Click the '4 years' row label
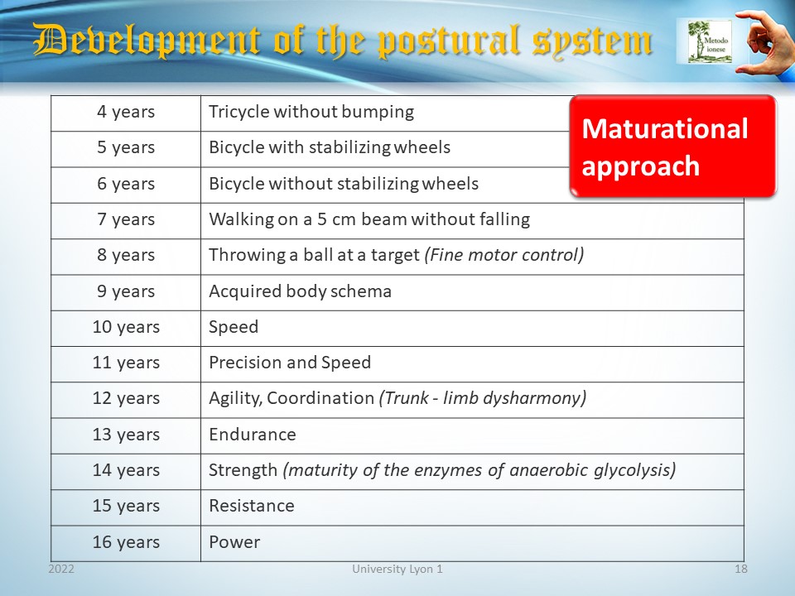click(126, 112)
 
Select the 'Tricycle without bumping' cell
click(311, 112)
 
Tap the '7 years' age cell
click(126, 219)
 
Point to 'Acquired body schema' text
click(300, 291)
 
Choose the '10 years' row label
click(126, 327)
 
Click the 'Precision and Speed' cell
click(290, 363)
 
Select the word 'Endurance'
click(253, 435)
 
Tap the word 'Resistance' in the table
click(252, 506)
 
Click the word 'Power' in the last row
click(234, 541)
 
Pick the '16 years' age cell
click(126, 541)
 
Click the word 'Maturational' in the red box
click(665, 129)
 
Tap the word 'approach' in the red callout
click(640, 166)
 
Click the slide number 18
click(740, 570)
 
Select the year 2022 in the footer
click(61, 570)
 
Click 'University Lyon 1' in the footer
click(397, 570)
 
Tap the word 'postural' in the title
click(449, 41)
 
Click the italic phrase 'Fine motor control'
click(504, 255)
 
